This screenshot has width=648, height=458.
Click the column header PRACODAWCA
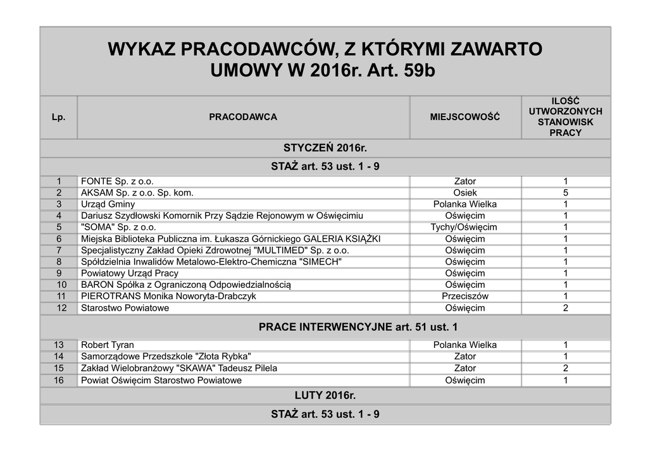pos(243,117)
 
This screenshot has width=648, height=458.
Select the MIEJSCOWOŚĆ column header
pos(464,117)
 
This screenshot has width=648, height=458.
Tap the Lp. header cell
pos(58,117)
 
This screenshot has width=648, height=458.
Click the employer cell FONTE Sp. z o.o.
pos(117,182)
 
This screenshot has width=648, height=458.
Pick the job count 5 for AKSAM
pos(565,193)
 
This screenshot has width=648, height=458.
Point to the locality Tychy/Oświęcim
pos(464,227)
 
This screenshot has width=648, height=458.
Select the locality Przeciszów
pos(464,296)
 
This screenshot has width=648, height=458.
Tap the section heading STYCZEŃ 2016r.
pos(325,148)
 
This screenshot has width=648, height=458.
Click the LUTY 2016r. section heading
pos(325,396)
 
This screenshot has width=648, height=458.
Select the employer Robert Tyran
pos(108,345)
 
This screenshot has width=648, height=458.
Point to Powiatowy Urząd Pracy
pos(130,273)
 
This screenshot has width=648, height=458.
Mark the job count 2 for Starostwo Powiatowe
pos(565,308)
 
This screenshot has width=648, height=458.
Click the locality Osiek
pos(464,193)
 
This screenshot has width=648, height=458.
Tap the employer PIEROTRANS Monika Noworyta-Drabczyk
pos(168,296)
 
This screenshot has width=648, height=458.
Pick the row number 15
pos(59,368)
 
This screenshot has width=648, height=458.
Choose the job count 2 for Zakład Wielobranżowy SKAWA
pos(565,368)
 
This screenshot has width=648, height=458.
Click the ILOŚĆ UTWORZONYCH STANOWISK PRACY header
pos(565,117)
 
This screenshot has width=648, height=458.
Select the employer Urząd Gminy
pos(108,204)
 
